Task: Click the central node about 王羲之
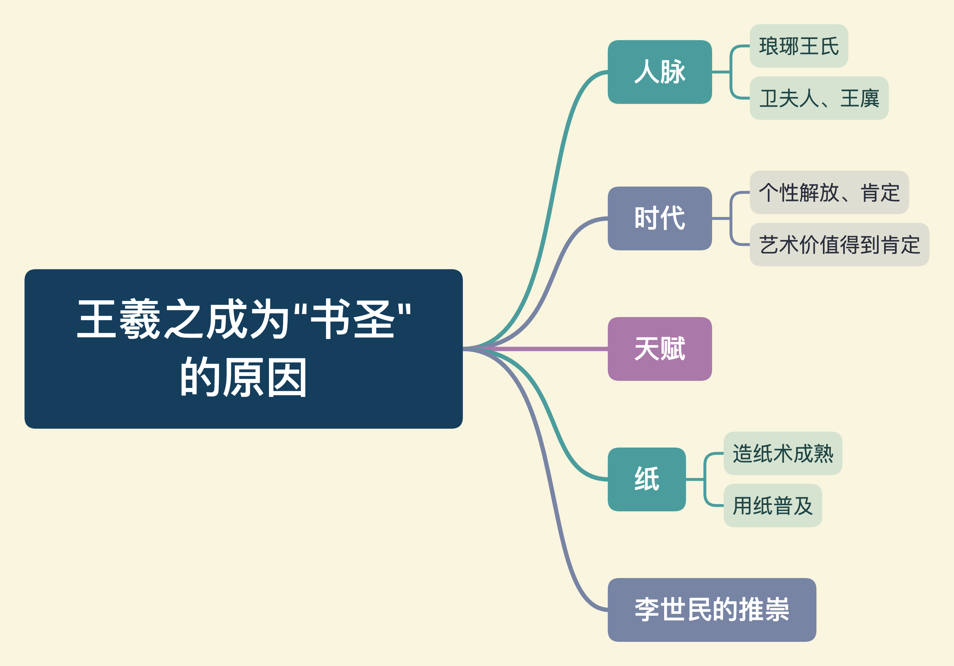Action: pos(243,349)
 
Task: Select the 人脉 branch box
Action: pos(660,72)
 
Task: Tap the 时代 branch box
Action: pos(660,218)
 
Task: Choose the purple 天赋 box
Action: pos(660,349)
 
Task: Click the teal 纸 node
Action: pos(646,479)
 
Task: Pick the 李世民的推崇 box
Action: pos(712,610)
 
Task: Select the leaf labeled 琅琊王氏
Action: pos(799,46)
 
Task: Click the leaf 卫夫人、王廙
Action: pos(819,98)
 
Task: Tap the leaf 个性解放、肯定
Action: pos(829,192)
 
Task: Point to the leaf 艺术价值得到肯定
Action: pos(839,245)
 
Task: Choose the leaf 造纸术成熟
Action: pos(783,453)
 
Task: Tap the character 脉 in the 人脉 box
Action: pos(673,72)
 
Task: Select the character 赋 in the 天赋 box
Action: pos(673,349)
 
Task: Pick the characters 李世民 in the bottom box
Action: pos(673,610)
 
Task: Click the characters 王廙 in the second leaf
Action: pos(860,99)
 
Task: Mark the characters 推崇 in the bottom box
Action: pos(764,610)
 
